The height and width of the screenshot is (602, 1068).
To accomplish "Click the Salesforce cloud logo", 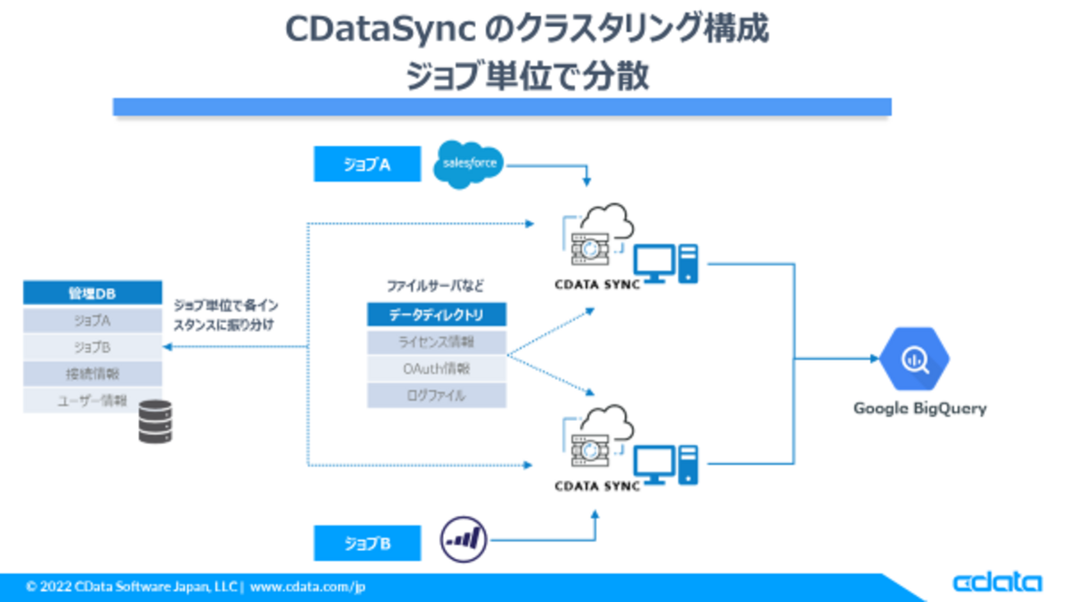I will click(469, 164).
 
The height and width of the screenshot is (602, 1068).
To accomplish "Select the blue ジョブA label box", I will click(367, 164).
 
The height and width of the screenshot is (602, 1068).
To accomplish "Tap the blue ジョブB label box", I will click(367, 544).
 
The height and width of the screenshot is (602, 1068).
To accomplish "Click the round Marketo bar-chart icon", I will click(464, 539).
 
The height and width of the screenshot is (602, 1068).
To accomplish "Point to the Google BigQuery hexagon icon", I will click(913, 359).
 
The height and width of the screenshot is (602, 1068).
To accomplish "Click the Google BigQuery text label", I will click(919, 408).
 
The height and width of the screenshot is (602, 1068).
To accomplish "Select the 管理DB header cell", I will click(92, 294).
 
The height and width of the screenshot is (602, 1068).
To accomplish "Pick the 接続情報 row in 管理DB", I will click(92, 374).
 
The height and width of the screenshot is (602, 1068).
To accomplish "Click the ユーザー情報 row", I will click(92, 401).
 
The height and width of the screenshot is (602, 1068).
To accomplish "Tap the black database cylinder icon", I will click(155, 422).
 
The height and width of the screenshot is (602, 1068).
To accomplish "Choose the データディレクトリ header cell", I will click(436, 315).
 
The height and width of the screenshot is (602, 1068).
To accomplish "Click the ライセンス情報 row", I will click(436, 342).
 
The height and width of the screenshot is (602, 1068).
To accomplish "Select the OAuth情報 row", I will click(436, 369).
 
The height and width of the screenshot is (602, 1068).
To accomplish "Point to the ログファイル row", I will click(436, 396).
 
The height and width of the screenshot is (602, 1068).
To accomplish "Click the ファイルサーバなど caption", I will click(435, 286).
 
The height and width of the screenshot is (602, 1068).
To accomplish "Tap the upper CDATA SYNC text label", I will click(597, 285).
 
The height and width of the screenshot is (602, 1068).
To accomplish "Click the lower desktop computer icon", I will click(665, 465).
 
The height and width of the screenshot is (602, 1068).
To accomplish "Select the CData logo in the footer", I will click(996, 583).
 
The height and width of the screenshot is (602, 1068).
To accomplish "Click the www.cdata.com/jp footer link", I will click(307, 587).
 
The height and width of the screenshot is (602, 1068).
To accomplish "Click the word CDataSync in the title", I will click(381, 30).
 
